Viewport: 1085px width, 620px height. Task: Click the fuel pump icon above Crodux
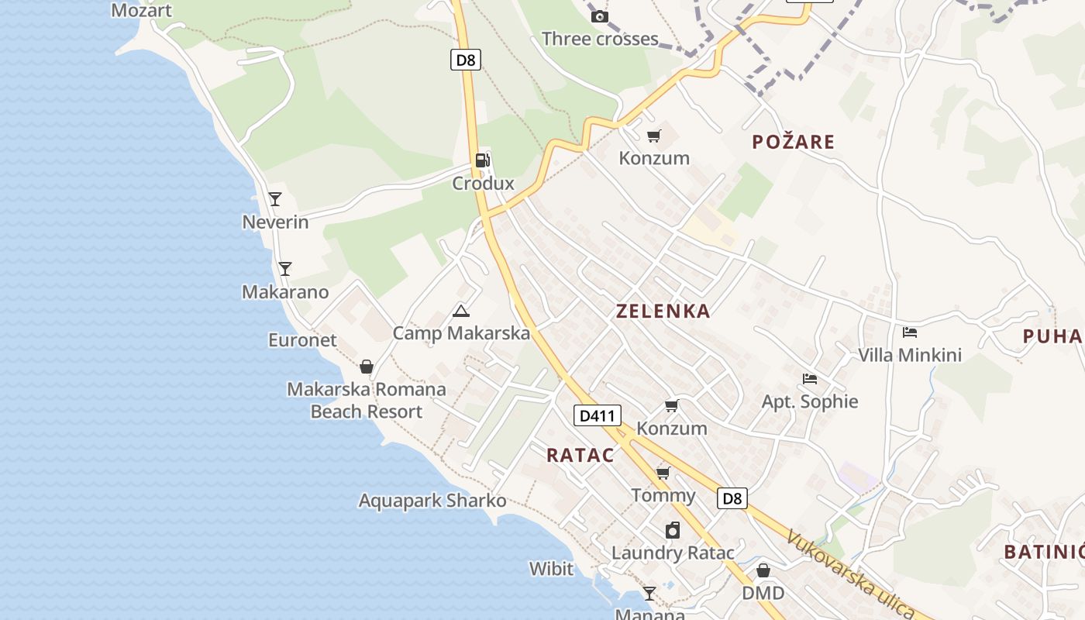point(483,160)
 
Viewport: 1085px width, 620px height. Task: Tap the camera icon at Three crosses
point(599,16)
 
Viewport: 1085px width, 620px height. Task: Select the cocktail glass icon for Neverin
point(275,199)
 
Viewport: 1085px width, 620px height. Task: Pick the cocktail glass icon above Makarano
point(285,269)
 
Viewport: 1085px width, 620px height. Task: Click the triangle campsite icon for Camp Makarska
point(461,312)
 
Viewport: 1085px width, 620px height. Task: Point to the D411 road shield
point(598,415)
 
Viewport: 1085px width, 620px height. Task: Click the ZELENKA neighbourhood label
point(663,312)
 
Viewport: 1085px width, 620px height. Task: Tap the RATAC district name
point(580,455)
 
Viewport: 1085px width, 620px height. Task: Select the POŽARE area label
point(794,142)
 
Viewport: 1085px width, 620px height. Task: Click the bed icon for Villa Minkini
point(910,332)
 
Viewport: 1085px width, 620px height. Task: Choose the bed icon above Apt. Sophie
point(810,379)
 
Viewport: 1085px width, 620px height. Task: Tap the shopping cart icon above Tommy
point(663,473)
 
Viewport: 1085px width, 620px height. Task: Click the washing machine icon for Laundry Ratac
point(673,530)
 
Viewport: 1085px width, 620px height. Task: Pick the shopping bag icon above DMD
point(763,570)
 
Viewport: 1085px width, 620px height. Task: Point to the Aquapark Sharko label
point(432,501)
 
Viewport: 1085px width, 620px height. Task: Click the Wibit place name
point(551,569)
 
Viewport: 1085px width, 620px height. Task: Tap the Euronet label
point(302,340)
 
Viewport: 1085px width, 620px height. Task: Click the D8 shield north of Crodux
point(465,60)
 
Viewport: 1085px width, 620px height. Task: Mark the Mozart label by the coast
point(141,11)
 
